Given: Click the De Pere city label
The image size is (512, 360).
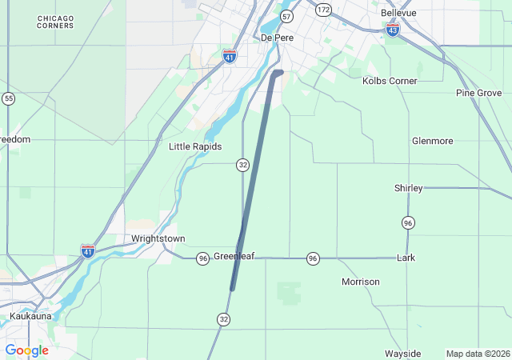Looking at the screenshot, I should pyautogui.click(x=274, y=38).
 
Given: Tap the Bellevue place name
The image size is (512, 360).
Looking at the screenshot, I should pyautogui.click(x=398, y=14).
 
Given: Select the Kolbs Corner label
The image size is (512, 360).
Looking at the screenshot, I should pyautogui.click(x=390, y=81).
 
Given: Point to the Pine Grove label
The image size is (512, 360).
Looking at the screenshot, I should pyautogui.click(x=478, y=94).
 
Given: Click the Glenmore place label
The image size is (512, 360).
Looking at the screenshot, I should pyautogui.click(x=432, y=141).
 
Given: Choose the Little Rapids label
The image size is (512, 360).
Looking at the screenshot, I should pyautogui.click(x=195, y=146).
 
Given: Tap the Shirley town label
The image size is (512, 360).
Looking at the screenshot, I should pyautogui.click(x=408, y=188).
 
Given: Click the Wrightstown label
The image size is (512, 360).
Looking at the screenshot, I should pyautogui.click(x=158, y=238).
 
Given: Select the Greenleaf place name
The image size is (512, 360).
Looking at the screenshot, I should pyautogui.click(x=234, y=257).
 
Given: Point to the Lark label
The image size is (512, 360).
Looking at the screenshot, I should pyautogui.click(x=406, y=258).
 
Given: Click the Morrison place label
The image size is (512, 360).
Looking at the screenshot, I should pyautogui.click(x=361, y=282).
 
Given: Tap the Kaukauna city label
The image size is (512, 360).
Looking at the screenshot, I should pyautogui.click(x=30, y=316).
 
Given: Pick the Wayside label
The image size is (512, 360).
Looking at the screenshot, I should pyautogui.click(x=402, y=354).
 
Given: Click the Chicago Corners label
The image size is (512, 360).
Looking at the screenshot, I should pyautogui.click(x=55, y=22).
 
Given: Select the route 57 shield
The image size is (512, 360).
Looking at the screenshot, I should pyautogui.click(x=287, y=17).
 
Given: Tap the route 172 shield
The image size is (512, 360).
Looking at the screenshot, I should pyautogui.click(x=323, y=10).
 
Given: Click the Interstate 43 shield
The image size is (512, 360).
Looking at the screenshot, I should pyautogui.click(x=393, y=30).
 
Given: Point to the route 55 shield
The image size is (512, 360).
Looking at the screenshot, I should pyautogui.click(x=8, y=98).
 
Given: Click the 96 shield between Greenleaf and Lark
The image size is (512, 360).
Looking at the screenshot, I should pyautogui.click(x=313, y=258).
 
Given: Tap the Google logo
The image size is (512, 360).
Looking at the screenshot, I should pyautogui.click(x=27, y=350).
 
